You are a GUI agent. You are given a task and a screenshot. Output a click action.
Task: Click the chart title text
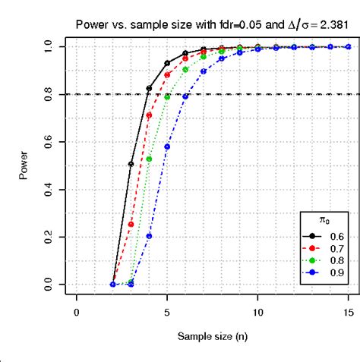click(x=212, y=24)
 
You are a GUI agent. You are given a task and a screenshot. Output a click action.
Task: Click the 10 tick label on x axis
click(x=258, y=312)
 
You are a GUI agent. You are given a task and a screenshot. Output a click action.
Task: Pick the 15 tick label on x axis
click(x=349, y=312)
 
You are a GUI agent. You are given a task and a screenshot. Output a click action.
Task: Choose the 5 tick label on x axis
click(x=167, y=312)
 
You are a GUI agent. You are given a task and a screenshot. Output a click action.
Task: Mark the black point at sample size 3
click(x=131, y=164)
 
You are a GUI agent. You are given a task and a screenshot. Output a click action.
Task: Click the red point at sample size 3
click(x=131, y=224)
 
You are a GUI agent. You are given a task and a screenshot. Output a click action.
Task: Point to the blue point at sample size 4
click(x=149, y=236)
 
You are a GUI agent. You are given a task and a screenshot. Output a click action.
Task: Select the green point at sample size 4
click(x=149, y=159)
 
